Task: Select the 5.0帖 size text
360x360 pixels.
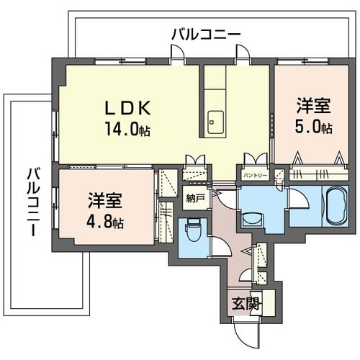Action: coord(314,128)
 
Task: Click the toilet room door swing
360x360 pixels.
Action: coord(220,246)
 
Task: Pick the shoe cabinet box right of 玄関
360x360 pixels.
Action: coord(268,302)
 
